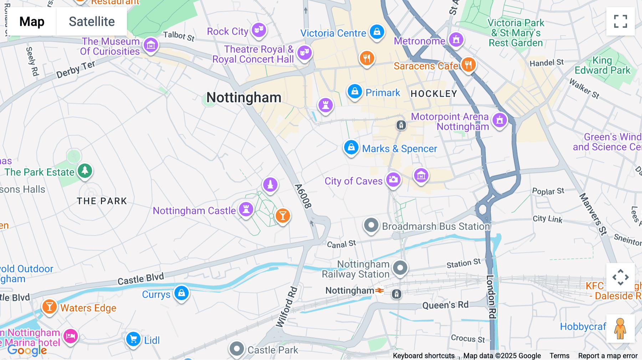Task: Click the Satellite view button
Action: pos(92,22)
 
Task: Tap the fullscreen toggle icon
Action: pos(620,21)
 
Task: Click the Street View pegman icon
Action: pos(620,328)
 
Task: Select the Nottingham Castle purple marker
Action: pos(246,209)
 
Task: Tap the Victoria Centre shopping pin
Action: pos(377,32)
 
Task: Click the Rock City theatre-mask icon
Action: pos(259,30)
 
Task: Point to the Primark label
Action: pos(383,93)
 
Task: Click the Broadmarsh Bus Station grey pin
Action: pos(371,226)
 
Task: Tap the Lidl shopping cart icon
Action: pos(133,339)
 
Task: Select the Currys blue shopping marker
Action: pos(182,293)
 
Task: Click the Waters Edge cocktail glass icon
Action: pos(50,307)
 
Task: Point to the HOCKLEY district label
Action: pos(434,94)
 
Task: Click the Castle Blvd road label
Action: pos(141,279)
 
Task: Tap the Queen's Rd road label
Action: pos(445,305)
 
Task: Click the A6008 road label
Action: pos(303,196)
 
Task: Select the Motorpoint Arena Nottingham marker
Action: pos(500,120)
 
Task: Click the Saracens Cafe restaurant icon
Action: pos(468,65)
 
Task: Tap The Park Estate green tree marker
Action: pos(85,171)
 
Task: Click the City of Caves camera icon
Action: pos(393,180)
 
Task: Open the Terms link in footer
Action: pos(559,355)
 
